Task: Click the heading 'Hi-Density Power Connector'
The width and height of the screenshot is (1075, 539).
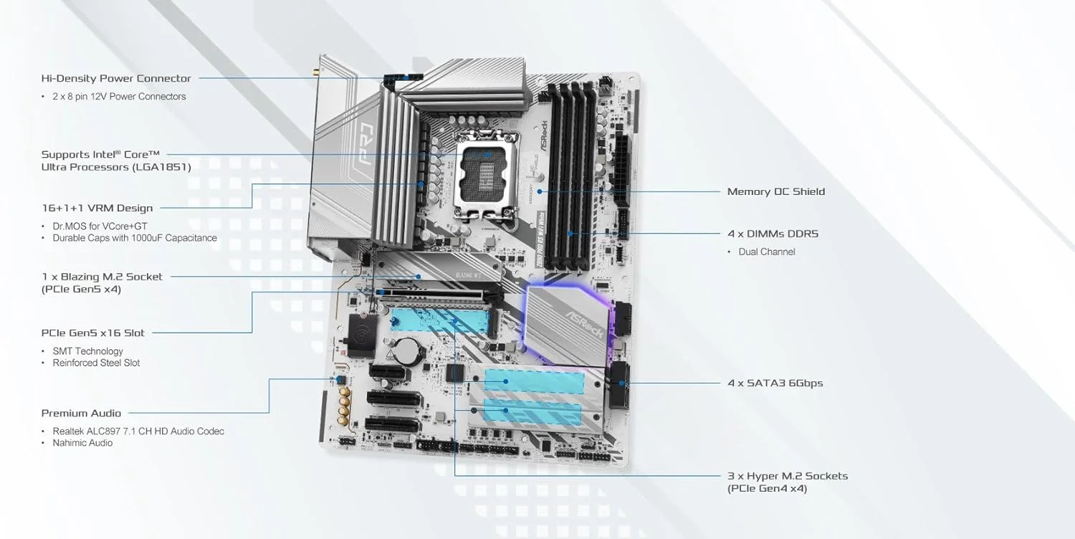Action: pyautogui.click(x=116, y=78)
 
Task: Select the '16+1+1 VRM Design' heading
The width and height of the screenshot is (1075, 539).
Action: pyautogui.click(x=97, y=208)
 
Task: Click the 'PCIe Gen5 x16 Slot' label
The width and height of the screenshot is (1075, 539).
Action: pyautogui.click(x=92, y=333)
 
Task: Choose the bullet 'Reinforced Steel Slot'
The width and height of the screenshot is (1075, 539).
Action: pyautogui.click(x=96, y=363)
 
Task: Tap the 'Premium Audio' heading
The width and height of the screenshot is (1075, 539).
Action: pyautogui.click(x=81, y=413)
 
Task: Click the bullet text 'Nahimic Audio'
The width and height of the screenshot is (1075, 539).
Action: pyautogui.click(x=82, y=443)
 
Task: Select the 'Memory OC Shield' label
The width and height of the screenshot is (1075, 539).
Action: pyautogui.click(x=775, y=191)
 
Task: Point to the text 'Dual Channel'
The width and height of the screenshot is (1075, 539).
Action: pyautogui.click(x=767, y=252)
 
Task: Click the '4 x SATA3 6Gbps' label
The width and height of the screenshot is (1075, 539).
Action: pyautogui.click(x=775, y=383)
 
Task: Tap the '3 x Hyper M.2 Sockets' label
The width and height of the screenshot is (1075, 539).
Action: pyautogui.click(x=787, y=476)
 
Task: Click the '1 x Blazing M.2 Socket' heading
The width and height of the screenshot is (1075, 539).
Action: pyautogui.click(x=101, y=277)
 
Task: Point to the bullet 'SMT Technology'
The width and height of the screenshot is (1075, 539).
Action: pyautogui.click(x=87, y=351)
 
